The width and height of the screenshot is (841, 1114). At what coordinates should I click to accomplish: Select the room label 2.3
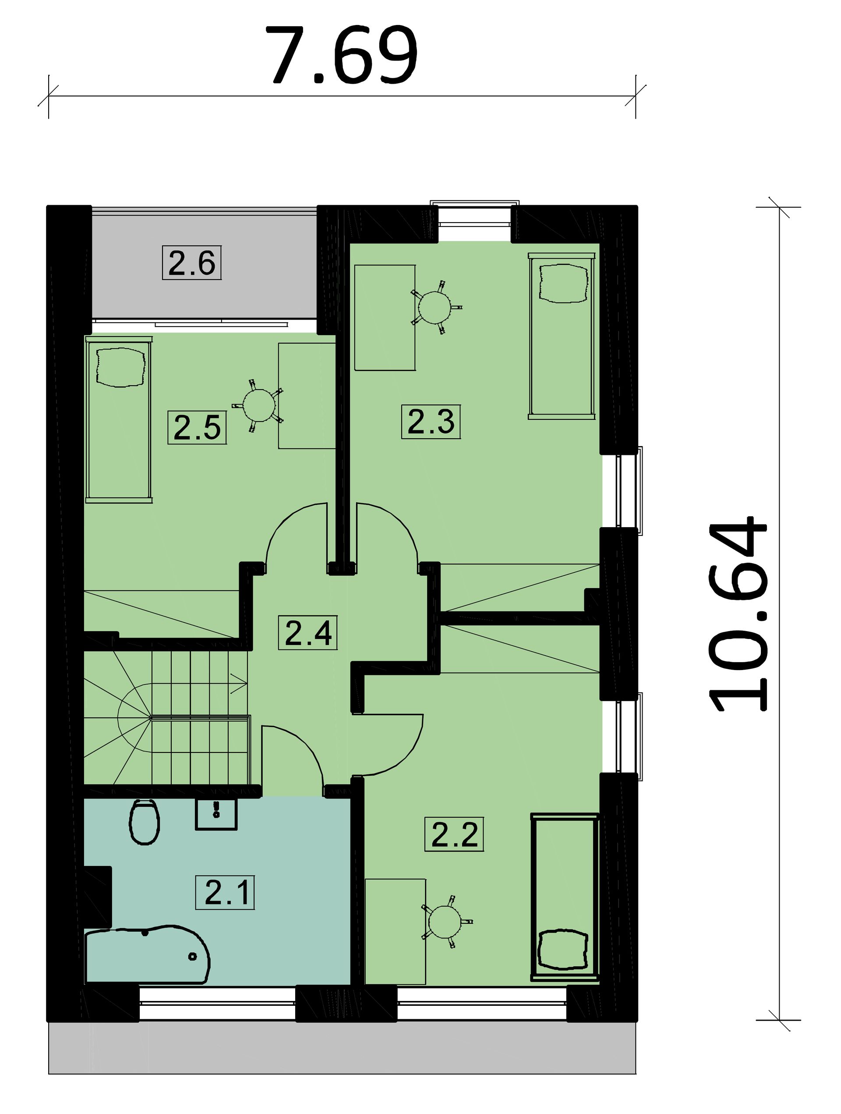pyautogui.click(x=431, y=422)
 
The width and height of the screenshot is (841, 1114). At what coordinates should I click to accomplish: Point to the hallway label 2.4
pyautogui.click(x=307, y=633)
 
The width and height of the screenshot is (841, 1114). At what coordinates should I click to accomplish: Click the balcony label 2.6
pyautogui.click(x=192, y=263)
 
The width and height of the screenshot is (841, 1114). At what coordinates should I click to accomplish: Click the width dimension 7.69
pyautogui.click(x=342, y=55)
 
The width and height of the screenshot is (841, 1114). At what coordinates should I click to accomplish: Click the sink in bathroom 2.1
pyautogui.click(x=216, y=813)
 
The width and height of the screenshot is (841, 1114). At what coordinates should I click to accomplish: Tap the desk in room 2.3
pyautogui.click(x=385, y=318)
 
